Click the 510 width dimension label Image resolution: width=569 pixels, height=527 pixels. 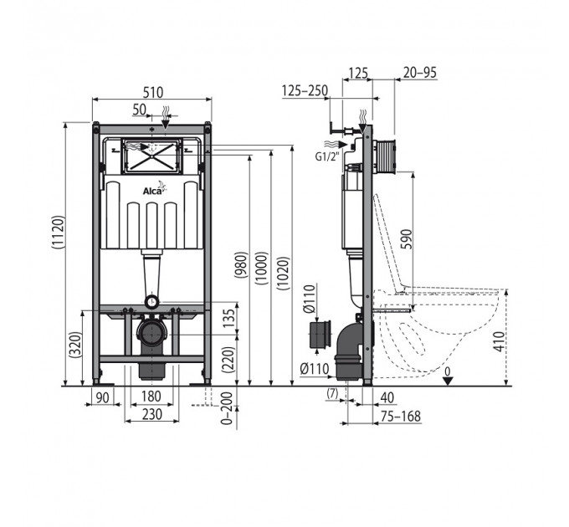(153, 93)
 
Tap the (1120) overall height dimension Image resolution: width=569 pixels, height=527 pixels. (59, 232)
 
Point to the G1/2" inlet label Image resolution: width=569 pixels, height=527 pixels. (326, 156)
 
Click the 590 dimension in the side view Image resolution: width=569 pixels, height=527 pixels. (408, 239)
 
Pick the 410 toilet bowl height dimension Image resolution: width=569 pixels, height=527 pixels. (500, 341)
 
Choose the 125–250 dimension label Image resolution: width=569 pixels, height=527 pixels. (305, 90)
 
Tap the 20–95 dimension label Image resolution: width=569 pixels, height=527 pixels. (420, 73)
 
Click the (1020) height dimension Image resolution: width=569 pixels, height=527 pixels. (284, 274)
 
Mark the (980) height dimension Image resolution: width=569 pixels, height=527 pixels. (242, 265)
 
